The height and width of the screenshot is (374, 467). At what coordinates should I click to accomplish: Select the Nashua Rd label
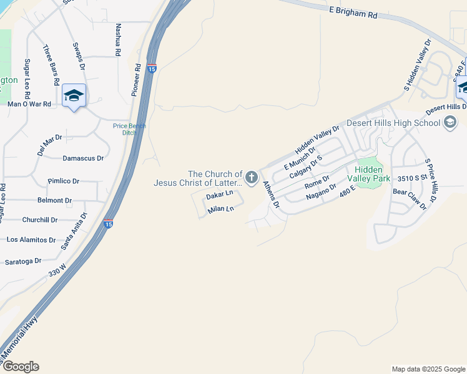(x=117, y=41)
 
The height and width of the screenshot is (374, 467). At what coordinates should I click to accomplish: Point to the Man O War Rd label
(x=29, y=104)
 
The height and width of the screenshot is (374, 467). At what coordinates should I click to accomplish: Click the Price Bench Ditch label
(x=129, y=129)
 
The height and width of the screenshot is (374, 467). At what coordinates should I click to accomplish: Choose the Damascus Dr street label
(x=83, y=158)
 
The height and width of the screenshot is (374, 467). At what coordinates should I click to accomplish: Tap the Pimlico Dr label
(x=64, y=181)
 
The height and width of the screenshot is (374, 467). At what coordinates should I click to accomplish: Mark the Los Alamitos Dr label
(x=31, y=239)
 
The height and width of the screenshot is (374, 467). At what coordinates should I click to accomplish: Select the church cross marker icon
(x=252, y=178)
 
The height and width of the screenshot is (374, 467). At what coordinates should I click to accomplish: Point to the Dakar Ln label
(x=219, y=196)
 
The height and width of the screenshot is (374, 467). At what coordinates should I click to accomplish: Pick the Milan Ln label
(x=221, y=208)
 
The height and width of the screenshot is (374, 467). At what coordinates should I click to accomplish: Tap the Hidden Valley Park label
(x=373, y=174)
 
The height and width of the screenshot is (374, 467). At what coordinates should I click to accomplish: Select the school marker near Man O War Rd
(x=74, y=95)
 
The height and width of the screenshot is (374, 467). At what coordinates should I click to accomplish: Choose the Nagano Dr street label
(x=322, y=192)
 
